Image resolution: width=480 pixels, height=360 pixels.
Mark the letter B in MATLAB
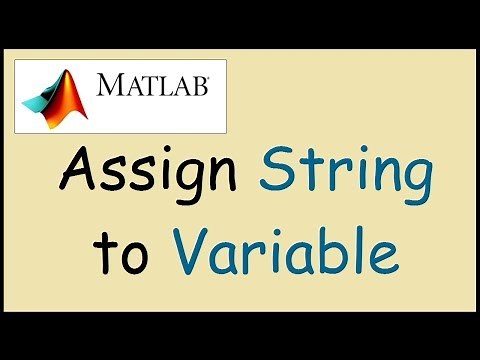click(x=199, y=86)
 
